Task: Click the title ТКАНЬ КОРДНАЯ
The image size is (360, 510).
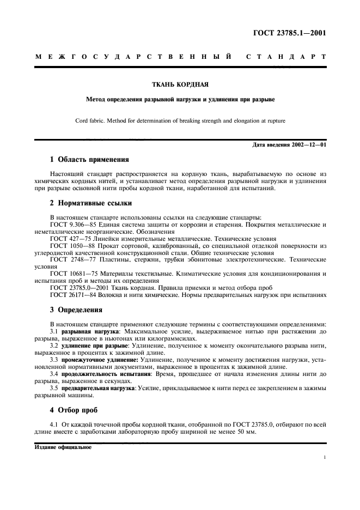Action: pyautogui.click(x=180, y=84)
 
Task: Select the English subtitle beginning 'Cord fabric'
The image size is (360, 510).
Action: pyautogui.click(x=180, y=120)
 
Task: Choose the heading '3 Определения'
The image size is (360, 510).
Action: pyautogui.click(x=76, y=309)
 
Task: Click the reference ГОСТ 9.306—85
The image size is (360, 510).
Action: pyautogui.click(x=72, y=224)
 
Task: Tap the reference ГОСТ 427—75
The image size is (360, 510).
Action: pyautogui.click(x=69, y=239)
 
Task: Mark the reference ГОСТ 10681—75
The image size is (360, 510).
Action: pyautogui.click(x=72, y=274)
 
